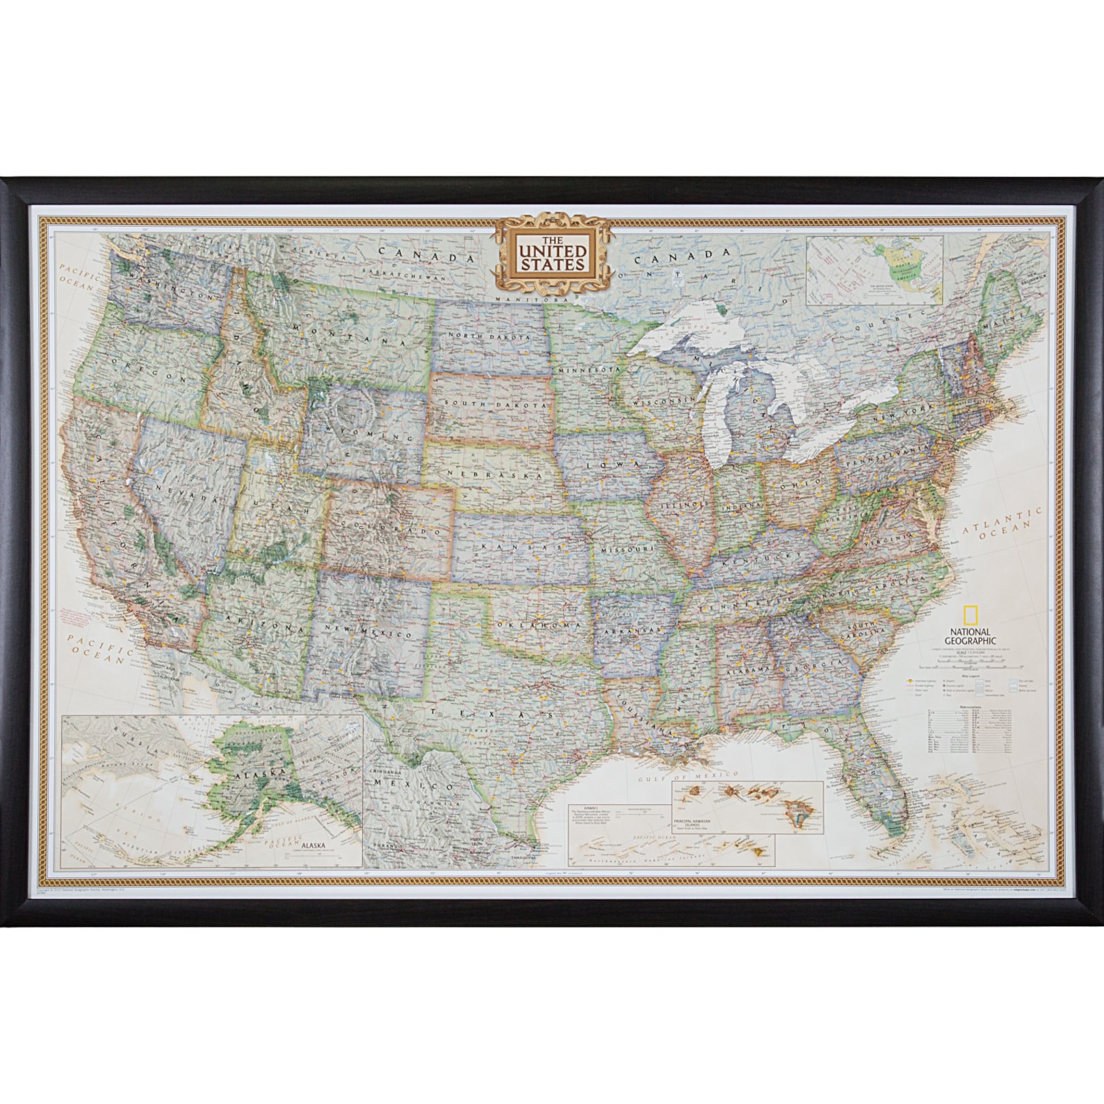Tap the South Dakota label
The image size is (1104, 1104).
(487, 403)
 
